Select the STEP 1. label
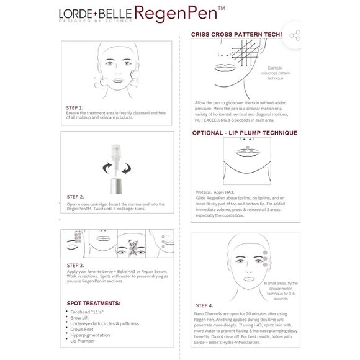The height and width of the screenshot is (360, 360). (75, 107)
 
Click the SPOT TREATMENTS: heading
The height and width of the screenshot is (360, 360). (94, 303)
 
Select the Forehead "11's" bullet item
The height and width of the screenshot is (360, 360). (87, 312)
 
